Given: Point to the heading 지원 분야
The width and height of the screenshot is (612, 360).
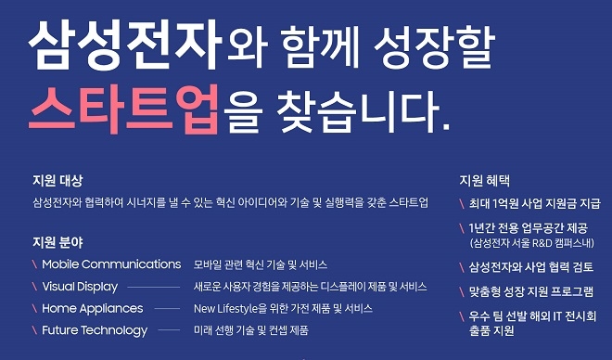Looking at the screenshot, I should pyautogui.click(x=57, y=242).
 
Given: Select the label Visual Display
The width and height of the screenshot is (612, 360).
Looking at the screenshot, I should pyautogui.click(x=80, y=287).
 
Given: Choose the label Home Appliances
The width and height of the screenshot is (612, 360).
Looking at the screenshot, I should pyautogui.click(x=93, y=308).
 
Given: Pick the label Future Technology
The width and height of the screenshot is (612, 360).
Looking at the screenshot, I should pyautogui.click(x=95, y=330).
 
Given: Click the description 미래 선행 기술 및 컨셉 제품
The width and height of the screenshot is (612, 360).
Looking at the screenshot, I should pyautogui.click(x=250, y=330).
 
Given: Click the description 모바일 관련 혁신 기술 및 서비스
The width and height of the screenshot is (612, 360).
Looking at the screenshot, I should pyautogui.click(x=260, y=264).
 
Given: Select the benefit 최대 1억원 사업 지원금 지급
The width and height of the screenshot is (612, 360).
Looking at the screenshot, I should pyautogui.click(x=535, y=203).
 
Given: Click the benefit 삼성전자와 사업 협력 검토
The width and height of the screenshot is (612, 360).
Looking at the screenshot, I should pyautogui.click(x=531, y=267).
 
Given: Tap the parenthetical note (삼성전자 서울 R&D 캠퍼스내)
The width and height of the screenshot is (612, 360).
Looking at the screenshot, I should pyautogui.click(x=529, y=243).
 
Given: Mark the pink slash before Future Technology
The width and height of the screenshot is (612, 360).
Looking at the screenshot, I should pyautogui.click(x=34, y=330).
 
